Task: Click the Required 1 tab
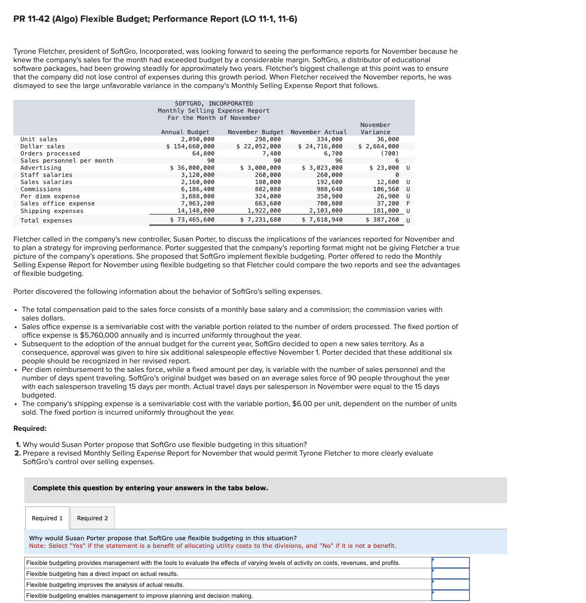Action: (x=47, y=518)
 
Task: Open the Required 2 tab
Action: (x=92, y=518)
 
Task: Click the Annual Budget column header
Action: (x=185, y=132)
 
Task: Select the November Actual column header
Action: (x=319, y=132)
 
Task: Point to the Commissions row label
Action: (x=41, y=189)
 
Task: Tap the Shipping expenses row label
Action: (x=52, y=211)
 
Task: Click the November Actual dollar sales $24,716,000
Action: (x=321, y=146)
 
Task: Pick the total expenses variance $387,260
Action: (x=382, y=219)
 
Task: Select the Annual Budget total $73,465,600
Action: (x=192, y=220)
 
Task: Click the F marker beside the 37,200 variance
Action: (x=408, y=204)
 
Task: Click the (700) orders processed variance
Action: (x=390, y=154)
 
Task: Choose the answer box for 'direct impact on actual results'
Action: (x=450, y=574)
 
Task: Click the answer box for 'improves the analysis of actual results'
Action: (x=450, y=584)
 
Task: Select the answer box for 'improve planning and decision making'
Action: (x=450, y=595)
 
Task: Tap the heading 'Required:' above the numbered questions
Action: (x=30, y=428)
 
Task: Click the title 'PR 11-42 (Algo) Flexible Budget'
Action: (x=155, y=19)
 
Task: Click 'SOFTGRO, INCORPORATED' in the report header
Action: (x=214, y=104)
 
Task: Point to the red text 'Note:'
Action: (x=37, y=546)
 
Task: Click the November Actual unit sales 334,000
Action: (x=329, y=139)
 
